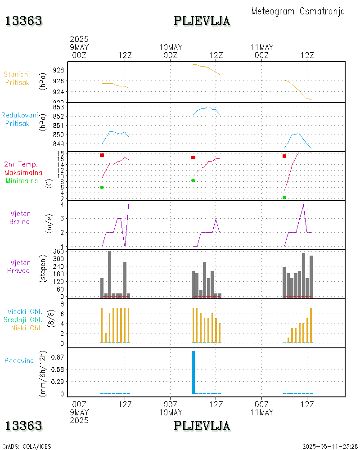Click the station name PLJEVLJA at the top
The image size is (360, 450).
202,21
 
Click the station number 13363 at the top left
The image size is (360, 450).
24,21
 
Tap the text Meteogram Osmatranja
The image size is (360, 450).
298,11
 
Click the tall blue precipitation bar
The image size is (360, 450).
193,372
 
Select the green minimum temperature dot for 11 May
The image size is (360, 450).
284,198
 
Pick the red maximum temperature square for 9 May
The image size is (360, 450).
102,155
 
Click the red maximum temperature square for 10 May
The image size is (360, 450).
193,157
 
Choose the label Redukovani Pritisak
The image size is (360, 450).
19,119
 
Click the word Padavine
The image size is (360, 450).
19,360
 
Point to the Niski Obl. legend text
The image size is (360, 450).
27,328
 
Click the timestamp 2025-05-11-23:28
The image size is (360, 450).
330,446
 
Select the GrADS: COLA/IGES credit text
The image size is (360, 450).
27,446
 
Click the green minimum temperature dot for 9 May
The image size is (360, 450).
102,187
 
